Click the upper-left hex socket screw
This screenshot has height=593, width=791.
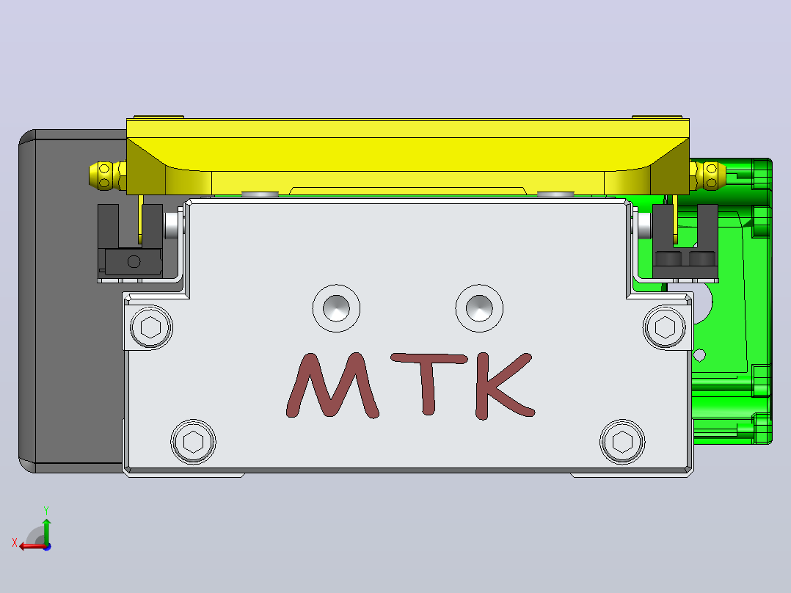pos(151,327)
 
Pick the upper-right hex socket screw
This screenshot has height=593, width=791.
pos(664,327)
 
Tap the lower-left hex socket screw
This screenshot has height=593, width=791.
pos(193,442)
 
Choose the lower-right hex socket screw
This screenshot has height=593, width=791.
pos(622,442)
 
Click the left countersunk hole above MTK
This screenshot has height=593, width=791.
pos(336,308)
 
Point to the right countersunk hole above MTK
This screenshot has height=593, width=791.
pos(479,308)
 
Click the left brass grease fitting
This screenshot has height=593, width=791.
pos(107,175)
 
